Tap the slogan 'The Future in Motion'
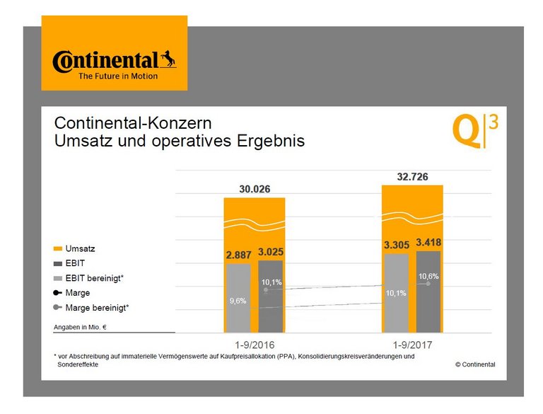click(x=118, y=76)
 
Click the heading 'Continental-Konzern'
click(x=132, y=122)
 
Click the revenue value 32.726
click(x=412, y=176)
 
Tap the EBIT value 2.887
click(x=238, y=254)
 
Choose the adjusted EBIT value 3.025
click(x=271, y=251)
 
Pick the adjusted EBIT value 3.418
click(x=429, y=243)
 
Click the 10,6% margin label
click(x=428, y=276)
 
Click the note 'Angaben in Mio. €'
click(x=78, y=327)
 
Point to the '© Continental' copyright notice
click(x=475, y=364)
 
